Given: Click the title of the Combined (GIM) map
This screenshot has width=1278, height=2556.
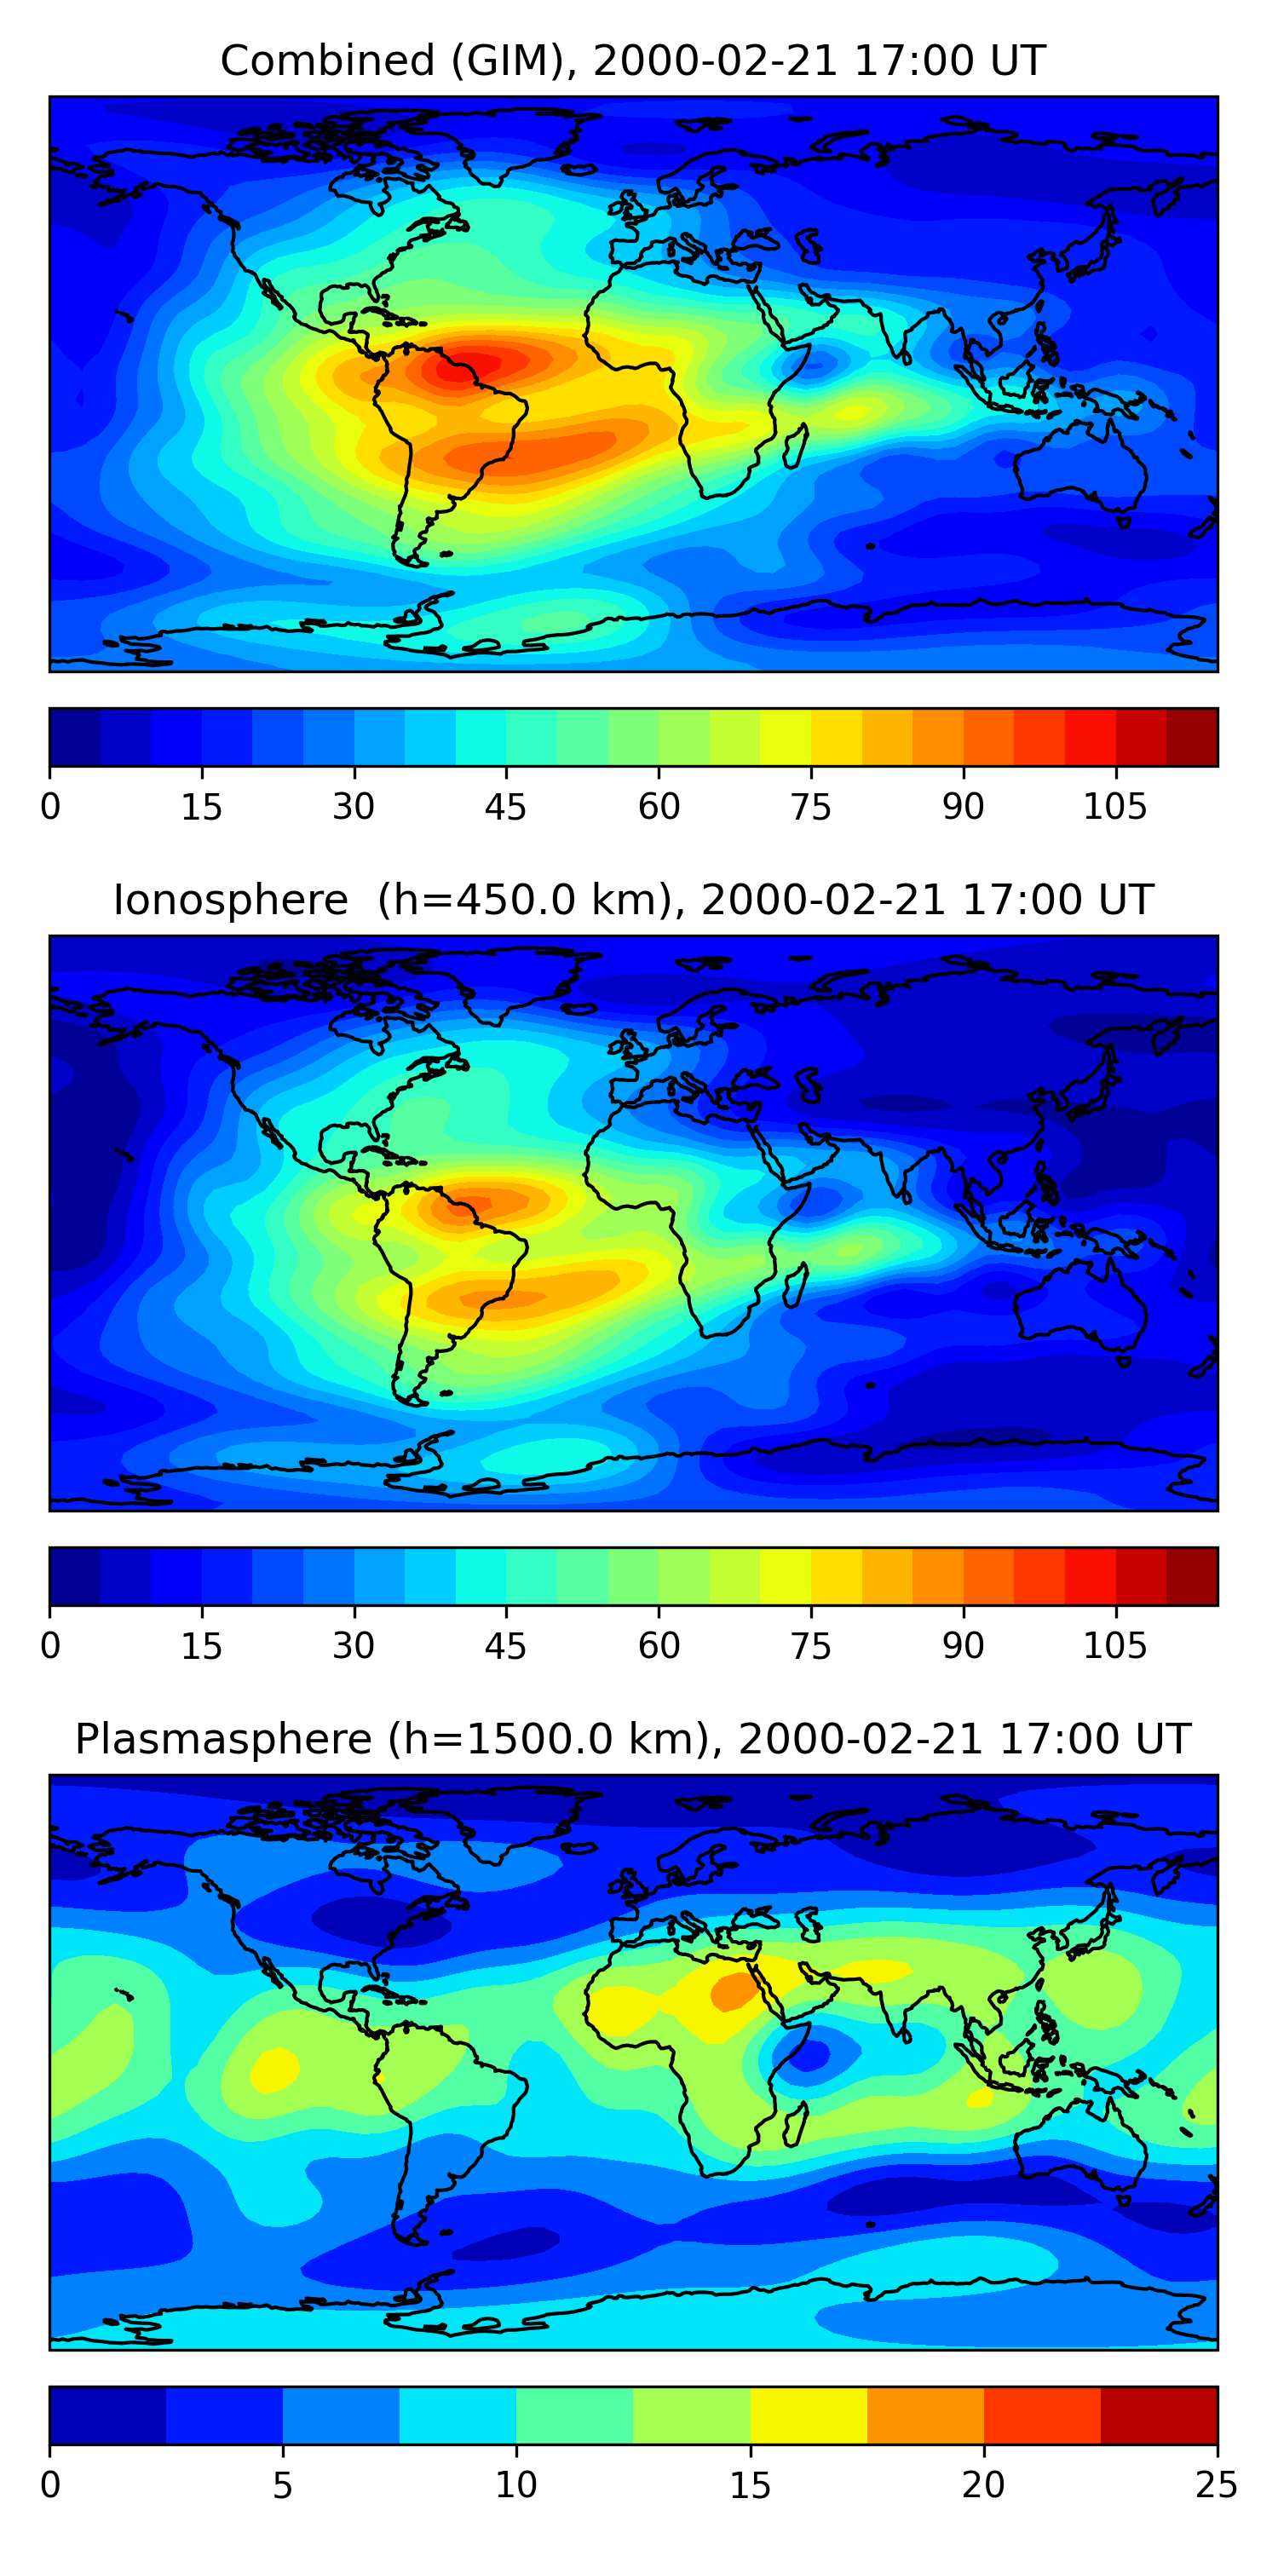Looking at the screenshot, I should coord(632,60).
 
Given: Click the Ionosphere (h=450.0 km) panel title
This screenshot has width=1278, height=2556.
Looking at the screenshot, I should coord(632,900).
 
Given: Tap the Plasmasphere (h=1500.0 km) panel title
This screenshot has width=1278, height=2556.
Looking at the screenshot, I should coord(632,1740).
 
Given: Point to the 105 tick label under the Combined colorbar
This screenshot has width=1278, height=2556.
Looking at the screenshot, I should coord(1114,807).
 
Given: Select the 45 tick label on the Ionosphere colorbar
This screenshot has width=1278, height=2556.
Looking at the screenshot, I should coord(505,1646).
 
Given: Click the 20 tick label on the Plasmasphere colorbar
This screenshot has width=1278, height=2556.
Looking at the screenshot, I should coord(983,2484).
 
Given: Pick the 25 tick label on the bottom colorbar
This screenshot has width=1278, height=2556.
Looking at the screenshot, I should coord(1216,2484).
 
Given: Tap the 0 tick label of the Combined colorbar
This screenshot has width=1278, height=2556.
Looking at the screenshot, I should coord(50,807).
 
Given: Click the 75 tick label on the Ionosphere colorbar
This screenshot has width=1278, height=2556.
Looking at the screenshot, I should coord(809,1646).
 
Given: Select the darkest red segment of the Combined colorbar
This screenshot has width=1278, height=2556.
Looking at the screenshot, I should coord(1191,737).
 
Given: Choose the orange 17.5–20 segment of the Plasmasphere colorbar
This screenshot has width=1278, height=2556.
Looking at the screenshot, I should coord(924,2415).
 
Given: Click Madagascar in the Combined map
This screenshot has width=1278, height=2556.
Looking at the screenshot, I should coord(795,446).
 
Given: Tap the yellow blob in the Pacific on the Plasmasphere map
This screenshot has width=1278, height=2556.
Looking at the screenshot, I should coord(273,2070).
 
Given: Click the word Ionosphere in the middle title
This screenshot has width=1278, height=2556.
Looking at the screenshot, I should coord(230,900).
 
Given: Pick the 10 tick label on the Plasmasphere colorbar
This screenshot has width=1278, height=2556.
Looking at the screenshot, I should coord(516,2484).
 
